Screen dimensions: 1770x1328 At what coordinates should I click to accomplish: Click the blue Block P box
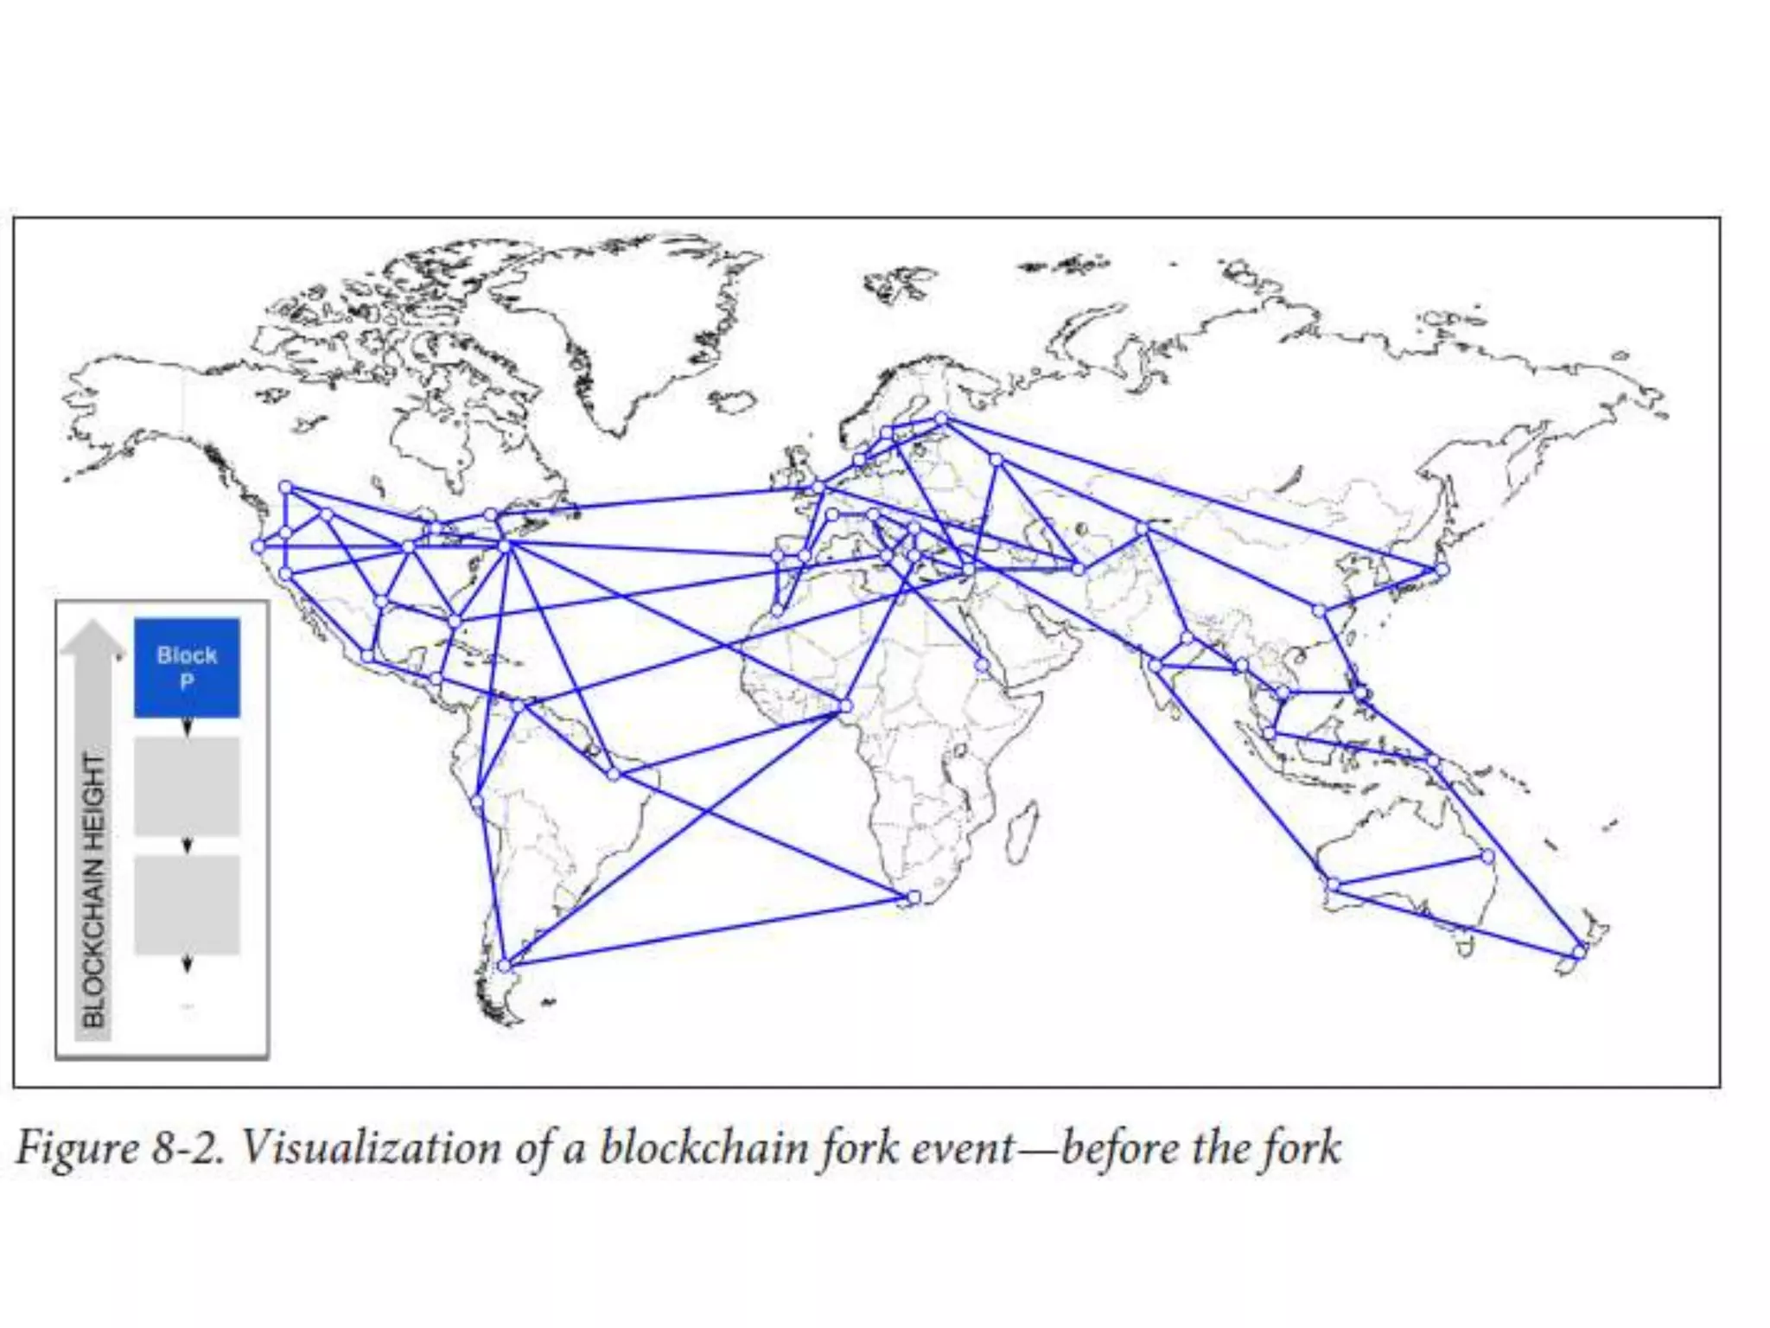187,667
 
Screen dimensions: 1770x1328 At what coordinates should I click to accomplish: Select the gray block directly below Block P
187,786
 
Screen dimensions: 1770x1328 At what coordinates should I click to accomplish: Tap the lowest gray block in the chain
187,904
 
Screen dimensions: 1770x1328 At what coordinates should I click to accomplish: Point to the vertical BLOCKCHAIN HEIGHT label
93,891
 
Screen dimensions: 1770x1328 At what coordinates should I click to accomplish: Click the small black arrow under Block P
188,728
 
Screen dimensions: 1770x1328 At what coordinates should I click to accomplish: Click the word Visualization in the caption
370,1149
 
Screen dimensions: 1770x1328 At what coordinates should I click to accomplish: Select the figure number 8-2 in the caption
188,1149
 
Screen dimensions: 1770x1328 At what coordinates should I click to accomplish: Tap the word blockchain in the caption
704,1149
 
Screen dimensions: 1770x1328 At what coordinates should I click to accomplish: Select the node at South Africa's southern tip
914,898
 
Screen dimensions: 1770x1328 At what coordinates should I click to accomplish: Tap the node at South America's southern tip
506,965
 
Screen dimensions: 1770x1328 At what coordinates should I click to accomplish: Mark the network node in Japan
1442,570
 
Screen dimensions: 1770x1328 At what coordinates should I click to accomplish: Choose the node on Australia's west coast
1333,885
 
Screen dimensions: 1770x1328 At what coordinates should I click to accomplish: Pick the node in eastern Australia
1487,857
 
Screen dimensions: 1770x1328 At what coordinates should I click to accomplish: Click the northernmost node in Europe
942,419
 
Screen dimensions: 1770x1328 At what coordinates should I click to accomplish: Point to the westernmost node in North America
258,546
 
